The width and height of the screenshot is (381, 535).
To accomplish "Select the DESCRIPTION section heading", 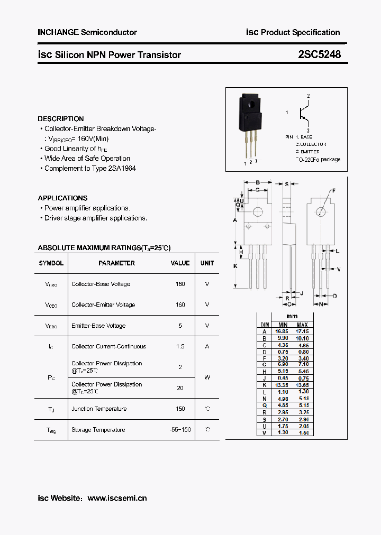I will [x=60, y=119].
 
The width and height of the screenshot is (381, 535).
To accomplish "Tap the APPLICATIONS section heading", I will [x=62, y=198].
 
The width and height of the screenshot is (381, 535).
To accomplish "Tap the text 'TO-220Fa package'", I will [x=317, y=159].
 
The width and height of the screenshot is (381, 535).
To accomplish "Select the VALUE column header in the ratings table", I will [x=180, y=263].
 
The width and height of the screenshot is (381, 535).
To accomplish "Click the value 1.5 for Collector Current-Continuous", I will [x=180, y=346].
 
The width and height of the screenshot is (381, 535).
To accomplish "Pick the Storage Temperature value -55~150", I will [x=180, y=430].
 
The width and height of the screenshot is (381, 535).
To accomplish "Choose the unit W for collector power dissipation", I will [x=207, y=377].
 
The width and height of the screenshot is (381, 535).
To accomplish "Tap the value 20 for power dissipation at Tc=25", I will [x=180, y=388].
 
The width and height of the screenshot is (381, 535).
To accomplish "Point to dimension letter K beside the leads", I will [x=235, y=266].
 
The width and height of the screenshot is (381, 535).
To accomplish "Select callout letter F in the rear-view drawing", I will [x=334, y=190].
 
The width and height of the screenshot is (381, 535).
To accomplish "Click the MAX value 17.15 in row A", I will [x=302, y=331].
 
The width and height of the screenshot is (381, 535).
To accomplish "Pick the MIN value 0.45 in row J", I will [x=283, y=378].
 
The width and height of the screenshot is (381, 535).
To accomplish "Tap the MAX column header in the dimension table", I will [x=302, y=325].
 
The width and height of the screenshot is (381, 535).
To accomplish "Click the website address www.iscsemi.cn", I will [x=117, y=498].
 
